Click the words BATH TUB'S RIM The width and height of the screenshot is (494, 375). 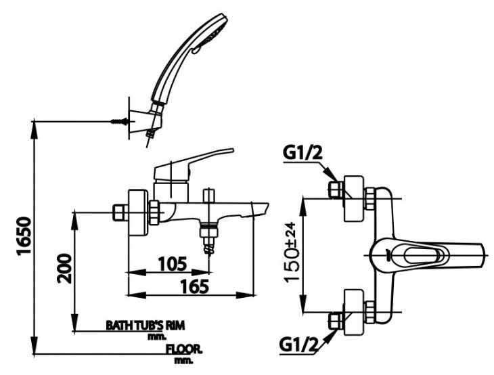click(x=145, y=325)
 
